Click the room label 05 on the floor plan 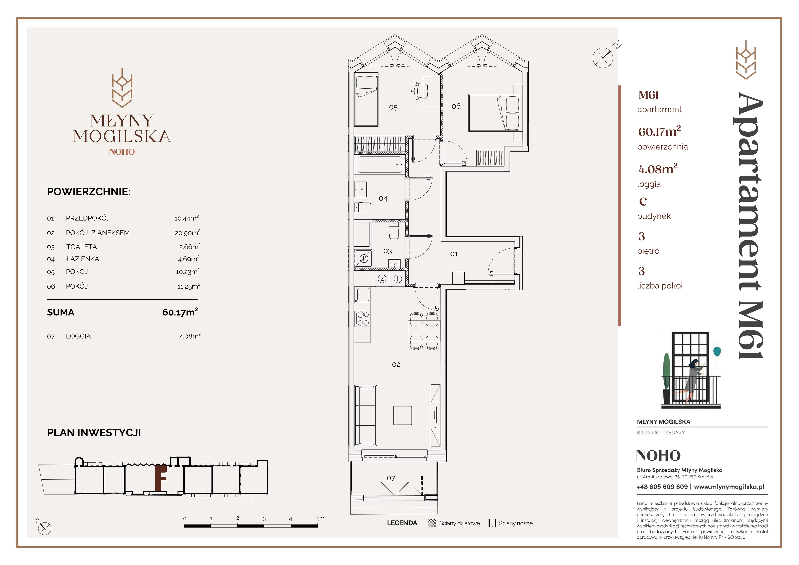tap(393, 108)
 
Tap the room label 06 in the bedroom tap(456, 106)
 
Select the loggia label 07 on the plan tap(391, 478)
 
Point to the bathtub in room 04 tap(380, 165)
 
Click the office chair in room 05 tap(421, 91)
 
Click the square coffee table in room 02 tap(403, 415)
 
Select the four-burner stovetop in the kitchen tap(363, 319)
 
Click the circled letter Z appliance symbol tap(382, 279)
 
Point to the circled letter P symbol tap(364, 258)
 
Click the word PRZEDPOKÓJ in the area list tap(88, 218)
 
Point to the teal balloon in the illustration tap(717, 352)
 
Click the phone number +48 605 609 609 tap(662, 487)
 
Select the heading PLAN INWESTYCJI tap(94, 433)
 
